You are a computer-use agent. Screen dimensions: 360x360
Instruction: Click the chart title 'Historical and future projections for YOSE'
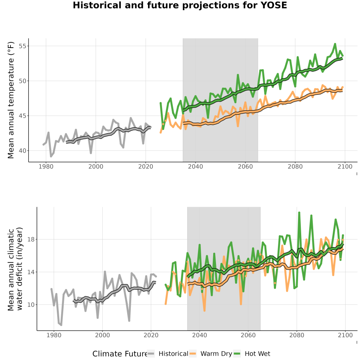pos(180,5)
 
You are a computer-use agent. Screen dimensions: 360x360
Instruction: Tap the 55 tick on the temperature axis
pos(22,46)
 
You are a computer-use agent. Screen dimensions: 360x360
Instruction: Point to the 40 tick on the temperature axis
pos(22,151)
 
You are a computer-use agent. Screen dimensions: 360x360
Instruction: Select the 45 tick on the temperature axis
pos(22,116)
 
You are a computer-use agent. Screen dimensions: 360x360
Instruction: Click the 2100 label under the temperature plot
pos(345,166)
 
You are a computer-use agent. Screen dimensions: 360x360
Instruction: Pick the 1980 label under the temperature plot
pos(46,166)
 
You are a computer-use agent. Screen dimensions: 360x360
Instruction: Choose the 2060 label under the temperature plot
pos(245,166)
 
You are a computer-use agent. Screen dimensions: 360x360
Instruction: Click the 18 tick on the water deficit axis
pos(31,240)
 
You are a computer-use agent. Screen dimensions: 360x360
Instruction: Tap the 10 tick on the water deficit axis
pos(31,305)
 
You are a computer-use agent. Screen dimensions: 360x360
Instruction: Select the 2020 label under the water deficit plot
pos(151,335)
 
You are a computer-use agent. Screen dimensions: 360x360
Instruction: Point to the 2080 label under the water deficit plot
pos(297,335)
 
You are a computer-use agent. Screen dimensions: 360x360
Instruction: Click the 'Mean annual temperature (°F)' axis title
pos(11,100)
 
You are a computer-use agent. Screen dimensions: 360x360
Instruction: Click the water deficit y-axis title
pos(15,269)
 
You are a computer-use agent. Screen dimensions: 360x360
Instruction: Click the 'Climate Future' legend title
pos(120,354)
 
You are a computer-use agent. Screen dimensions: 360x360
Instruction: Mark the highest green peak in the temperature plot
pos(335,44)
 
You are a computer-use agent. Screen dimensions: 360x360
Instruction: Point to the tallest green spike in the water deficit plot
pos(299,212)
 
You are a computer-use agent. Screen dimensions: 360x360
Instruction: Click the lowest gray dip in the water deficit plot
pos(61,325)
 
